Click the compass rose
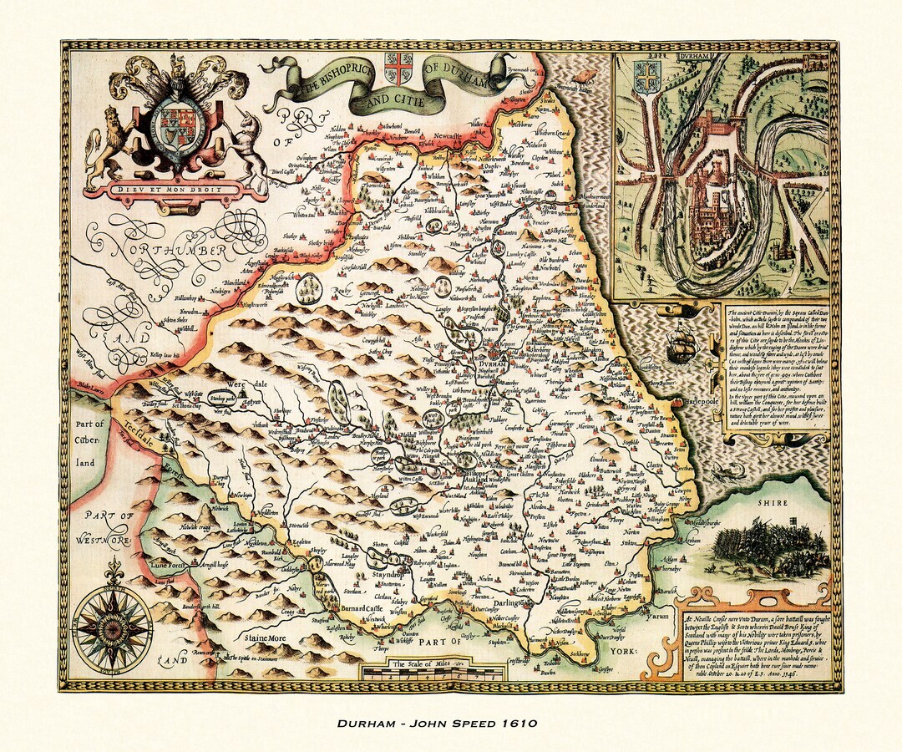(x=112, y=623)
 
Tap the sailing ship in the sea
(x=682, y=343)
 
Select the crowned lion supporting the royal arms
(x=109, y=147)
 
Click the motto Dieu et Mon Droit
(x=176, y=189)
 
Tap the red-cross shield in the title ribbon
(x=398, y=68)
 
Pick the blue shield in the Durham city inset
(x=646, y=76)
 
